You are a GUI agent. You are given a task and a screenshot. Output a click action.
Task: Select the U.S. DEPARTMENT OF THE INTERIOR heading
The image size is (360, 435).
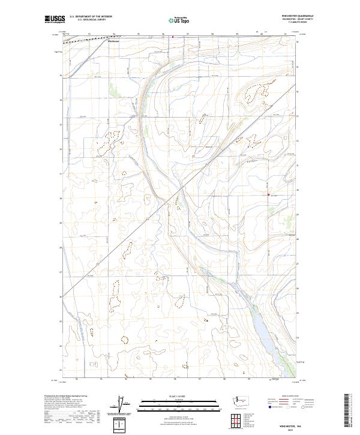(x=91, y=16)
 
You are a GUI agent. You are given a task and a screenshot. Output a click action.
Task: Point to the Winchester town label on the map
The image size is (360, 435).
(x=114, y=41)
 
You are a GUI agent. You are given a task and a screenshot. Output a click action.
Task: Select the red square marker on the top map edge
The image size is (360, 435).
(x=173, y=37)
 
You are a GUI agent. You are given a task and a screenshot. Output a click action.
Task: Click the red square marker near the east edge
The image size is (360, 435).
(x=268, y=194)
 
